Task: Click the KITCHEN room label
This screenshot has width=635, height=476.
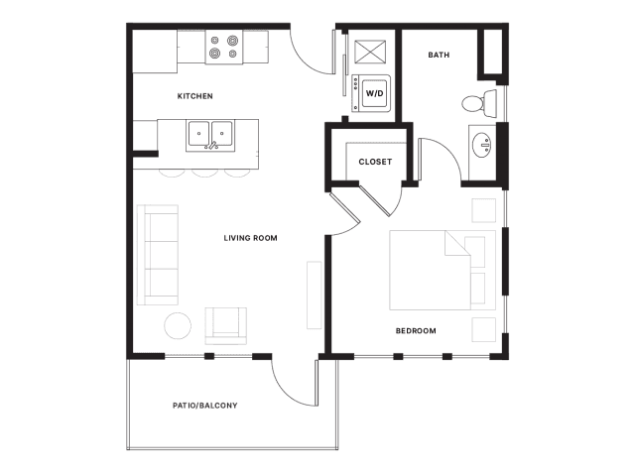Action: click(194, 96)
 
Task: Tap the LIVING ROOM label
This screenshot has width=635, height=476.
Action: click(251, 238)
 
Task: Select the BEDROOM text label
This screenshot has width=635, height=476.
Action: click(416, 330)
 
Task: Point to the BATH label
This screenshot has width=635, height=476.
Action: click(439, 55)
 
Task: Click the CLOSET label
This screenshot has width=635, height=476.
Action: click(375, 162)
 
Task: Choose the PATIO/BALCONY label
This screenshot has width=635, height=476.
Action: click(205, 406)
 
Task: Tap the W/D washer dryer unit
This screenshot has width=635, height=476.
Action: click(371, 93)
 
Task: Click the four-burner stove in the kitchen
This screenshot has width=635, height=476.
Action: click(224, 47)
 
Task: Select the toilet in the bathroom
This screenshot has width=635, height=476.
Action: click(479, 103)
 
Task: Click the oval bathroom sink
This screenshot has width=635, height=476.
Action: click(481, 145)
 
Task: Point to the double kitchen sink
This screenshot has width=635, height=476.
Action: click(210, 135)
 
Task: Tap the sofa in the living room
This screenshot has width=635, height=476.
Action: click(158, 255)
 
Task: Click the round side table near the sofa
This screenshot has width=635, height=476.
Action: click(178, 325)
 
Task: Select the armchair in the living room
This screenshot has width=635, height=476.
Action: click(225, 326)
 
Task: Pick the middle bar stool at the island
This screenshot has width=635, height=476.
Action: click(204, 173)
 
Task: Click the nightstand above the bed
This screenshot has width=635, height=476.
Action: click(483, 210)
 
